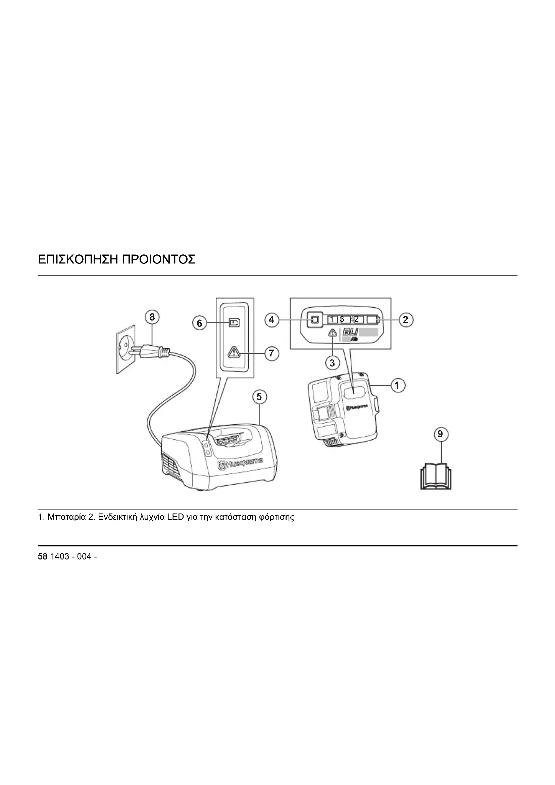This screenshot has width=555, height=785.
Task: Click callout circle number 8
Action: point(152,317)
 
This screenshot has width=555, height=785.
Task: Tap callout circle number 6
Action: point(200,323)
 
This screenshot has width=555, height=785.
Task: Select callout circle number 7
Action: point(271,353)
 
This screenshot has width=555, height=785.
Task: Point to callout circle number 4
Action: point(271,320)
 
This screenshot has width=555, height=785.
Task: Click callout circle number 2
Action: point(406,320)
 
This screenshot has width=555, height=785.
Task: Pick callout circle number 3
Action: point(332,363)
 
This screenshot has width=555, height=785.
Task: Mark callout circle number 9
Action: point(440,434)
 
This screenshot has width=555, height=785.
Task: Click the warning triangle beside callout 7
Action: point(235,352)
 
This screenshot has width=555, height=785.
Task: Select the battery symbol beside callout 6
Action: point(235,323)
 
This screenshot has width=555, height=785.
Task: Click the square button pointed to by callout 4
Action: point(315,320)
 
